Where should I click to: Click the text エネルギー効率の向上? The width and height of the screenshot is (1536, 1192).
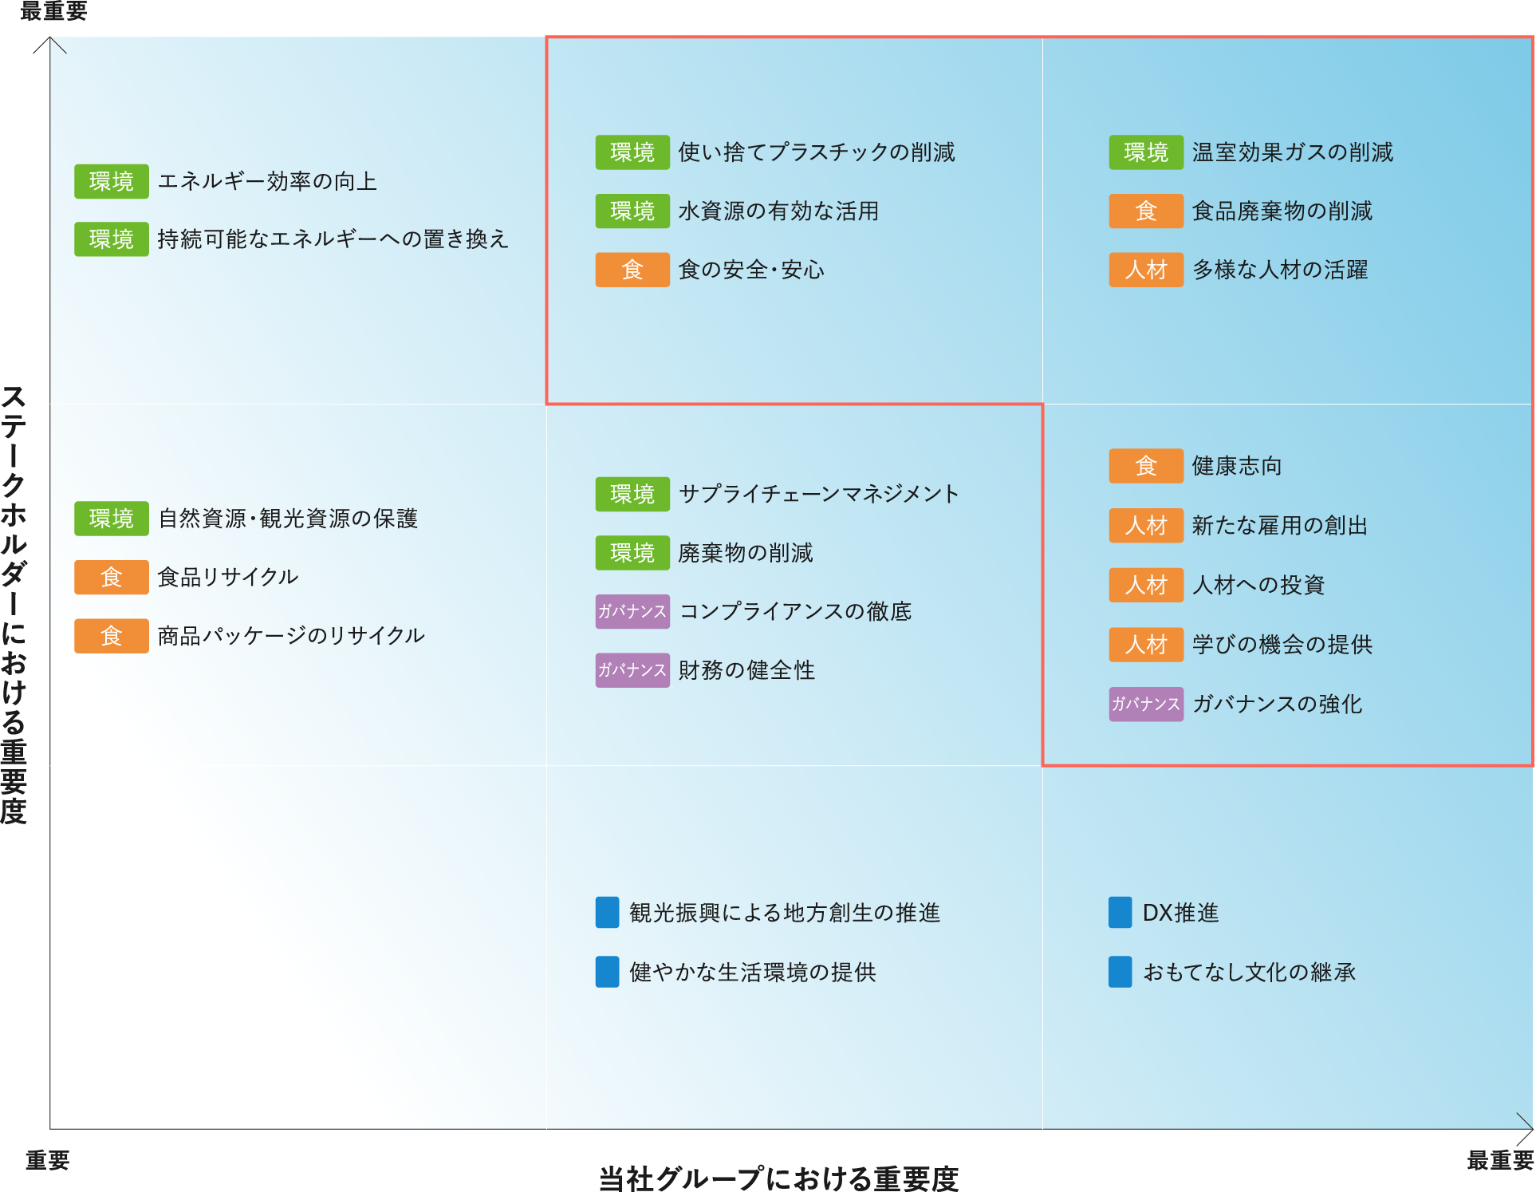tap(267, 182)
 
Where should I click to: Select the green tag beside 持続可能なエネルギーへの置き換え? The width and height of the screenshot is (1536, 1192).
tap(111, 239)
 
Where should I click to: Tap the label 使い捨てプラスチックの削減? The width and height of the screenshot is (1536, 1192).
tap(816, 152)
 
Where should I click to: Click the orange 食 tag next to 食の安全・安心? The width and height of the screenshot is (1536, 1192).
tap(632, 270)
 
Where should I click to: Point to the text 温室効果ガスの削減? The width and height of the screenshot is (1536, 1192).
tap(1292, 152)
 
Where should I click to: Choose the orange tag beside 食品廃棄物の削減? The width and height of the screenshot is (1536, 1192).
tap(1145, 211)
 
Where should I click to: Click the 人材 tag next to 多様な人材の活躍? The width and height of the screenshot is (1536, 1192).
tap(1145, 270)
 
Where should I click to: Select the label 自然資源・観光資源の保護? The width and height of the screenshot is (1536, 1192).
tap(288, 519)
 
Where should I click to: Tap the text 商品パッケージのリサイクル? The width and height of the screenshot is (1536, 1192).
tap(291, 636)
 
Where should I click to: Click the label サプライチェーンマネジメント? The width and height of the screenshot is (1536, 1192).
tap(818, 494)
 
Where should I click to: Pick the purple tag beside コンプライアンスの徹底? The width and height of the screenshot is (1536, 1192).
tap(632, 612)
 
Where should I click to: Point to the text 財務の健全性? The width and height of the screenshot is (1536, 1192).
tap(746, 670)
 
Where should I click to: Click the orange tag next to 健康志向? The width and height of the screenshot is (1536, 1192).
tap(1145, 466)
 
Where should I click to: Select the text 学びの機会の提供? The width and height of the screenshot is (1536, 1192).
tap(1282, 645)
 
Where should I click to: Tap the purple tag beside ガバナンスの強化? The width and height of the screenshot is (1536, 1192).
tap(1145, 704)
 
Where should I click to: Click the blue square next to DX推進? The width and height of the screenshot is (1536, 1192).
tap(1120, 913)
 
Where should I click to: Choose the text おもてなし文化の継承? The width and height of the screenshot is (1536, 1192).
tap(1249, 973)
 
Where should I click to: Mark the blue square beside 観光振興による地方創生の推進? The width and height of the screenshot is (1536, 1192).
tap(607, 913)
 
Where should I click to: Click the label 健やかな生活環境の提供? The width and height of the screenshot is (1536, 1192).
tap(752, 973)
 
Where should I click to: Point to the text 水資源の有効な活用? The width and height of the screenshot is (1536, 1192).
tap(778, 211)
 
